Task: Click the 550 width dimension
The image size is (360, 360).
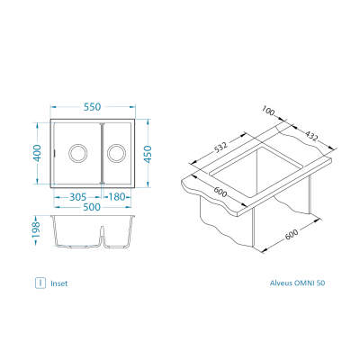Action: click(93, 107)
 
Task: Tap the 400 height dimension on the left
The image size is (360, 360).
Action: click(37, 153)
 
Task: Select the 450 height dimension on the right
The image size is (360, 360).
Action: click(148, 154)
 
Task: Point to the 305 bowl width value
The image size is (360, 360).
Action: click(78, 197)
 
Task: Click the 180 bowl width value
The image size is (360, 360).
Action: click(116, 197)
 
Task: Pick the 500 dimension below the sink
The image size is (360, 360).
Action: click(92, 207)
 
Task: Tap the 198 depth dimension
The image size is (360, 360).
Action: click(36, 229)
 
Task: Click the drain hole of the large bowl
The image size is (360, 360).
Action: click(78, 153)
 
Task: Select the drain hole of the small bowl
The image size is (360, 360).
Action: click(117, 153)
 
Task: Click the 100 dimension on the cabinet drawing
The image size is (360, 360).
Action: click(268, 111)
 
